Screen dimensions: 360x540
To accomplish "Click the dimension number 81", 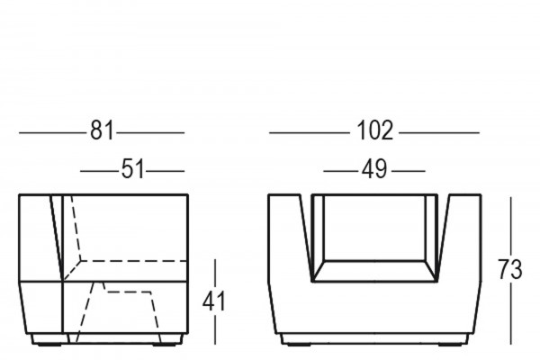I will tap(102, 132).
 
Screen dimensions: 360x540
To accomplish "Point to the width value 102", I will tap(374, 132).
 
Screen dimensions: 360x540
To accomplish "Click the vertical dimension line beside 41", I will tap(216, 302).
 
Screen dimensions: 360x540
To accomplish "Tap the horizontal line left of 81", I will tap(52, 133).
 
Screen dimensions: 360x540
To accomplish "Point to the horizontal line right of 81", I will tap(150, 133).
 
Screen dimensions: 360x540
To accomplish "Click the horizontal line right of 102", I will tap(438, 133).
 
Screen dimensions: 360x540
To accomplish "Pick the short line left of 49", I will tap(338, 170).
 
